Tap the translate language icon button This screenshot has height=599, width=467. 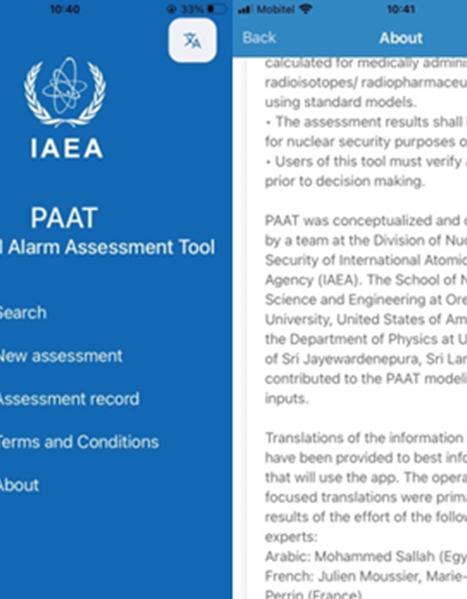pyautogui.click(x=192, y=41)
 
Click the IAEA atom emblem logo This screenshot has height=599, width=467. pyautogui.click(x=65, y=92)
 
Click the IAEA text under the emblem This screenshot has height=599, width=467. pyautogui.click(x=66, y=148)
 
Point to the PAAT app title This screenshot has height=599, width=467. pyautogui.click(x=64, y=218)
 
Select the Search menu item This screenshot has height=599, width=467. pyautogui.click(x=21, y=313)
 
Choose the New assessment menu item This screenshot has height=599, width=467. pyautogui.click(x=59, y=356)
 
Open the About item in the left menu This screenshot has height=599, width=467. pyautogui.click(x=18, y=485)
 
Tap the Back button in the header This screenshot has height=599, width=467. pyautogui.click(x=259, y=37)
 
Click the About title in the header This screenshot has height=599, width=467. pyautogui.click(x=401, y=38)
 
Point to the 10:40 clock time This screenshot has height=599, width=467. pyautogui.click(x=65, y=9)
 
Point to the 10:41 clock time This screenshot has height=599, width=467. pyautogui.click(x=401, y=9)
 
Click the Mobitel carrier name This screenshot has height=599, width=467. pyautogui.click(x=276, y=10)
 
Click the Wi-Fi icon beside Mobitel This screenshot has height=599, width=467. pyautogui.click(x=306, y=9)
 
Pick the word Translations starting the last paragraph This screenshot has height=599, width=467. pyautogui.click(x=301, y=438)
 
